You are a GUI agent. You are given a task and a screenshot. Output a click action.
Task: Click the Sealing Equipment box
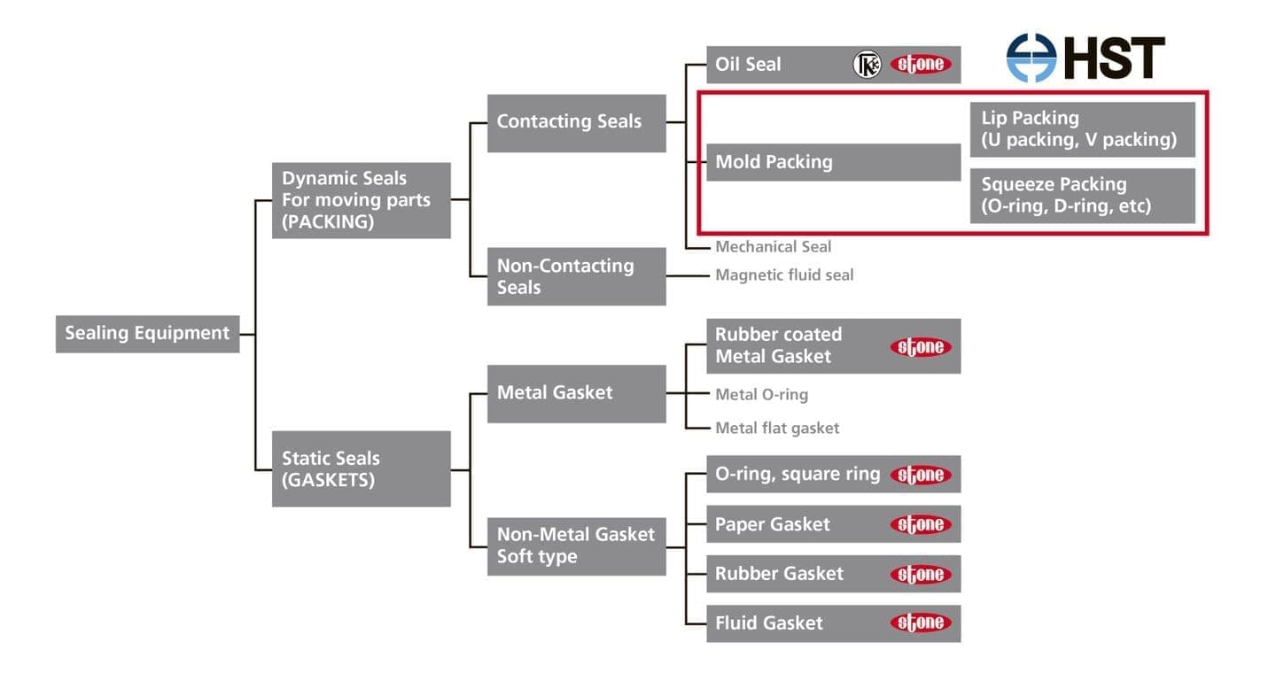(x=147, y=334)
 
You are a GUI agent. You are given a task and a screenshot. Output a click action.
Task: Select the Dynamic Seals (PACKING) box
(x=361, y=200)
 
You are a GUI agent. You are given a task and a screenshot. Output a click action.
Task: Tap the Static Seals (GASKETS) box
(x=361, y=468)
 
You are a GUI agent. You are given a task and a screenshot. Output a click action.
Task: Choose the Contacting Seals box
(x=576, y=122)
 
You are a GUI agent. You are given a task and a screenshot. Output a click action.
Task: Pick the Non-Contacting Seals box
(x=576, y=276)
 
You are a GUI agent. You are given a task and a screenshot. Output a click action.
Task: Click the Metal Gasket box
(x=576, y=392)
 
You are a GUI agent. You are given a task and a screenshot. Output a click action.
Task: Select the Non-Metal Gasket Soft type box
(x=576, y=545)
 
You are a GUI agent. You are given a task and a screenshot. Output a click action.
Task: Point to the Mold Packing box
(x=833, y=162)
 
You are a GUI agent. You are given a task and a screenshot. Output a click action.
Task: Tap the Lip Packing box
(x=1082, y=129)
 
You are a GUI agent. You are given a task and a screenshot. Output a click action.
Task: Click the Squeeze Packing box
(x=1082, y=196)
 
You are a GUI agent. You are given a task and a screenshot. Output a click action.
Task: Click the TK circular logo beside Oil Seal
(x=867, y=65)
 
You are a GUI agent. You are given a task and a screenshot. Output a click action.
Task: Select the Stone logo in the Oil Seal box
(x=921, y=65)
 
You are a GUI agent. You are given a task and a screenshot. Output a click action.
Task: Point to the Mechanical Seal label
(x=773, y=246)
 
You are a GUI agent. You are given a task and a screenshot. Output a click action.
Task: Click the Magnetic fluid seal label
(x=784, y=275)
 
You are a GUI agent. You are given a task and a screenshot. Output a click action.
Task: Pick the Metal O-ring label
(x=761, y=394)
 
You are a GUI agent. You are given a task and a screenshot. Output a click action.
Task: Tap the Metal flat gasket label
(x=777, y=428)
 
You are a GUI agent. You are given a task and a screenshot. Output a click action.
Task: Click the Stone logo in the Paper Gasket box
(x=921, y=524)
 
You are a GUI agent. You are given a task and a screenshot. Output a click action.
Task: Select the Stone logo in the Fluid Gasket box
(x=921, y=623)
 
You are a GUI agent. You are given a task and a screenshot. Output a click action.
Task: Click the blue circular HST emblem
(x=1031, y=58)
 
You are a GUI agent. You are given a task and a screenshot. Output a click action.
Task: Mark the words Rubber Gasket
(x=779, y=574)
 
